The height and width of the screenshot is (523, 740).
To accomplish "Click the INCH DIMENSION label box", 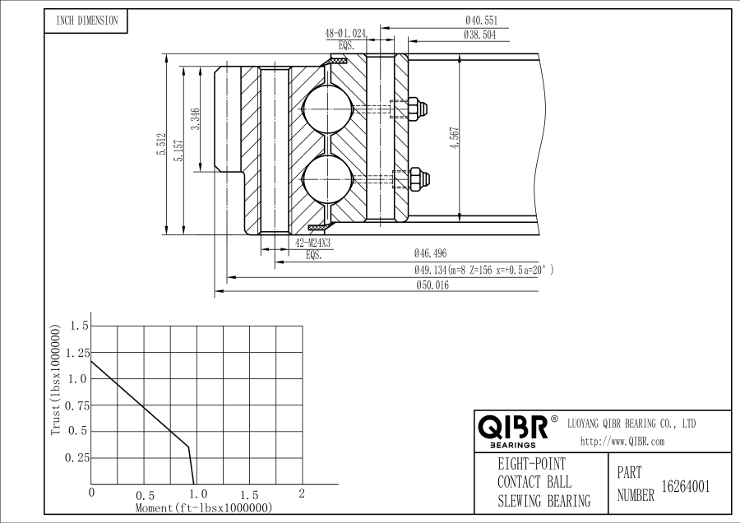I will (86, 21).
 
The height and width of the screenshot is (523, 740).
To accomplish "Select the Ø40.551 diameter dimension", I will (481, 21).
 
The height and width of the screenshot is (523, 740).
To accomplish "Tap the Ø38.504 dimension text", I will (480, 35).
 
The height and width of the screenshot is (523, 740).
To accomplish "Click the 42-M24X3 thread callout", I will (312, 243).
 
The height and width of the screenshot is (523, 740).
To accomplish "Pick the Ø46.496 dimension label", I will (431, 254).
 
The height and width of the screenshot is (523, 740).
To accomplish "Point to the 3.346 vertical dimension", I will (194, 119).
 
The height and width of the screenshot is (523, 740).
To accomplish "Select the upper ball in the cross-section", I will (327, 109).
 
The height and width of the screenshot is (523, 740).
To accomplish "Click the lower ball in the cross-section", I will (327, 178).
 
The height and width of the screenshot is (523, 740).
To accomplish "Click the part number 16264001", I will (685, 486).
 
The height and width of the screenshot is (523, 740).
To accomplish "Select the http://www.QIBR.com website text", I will (622, 442).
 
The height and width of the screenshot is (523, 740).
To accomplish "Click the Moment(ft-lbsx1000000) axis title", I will (203, 508).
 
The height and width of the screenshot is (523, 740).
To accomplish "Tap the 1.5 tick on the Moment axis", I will (249, 494).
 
